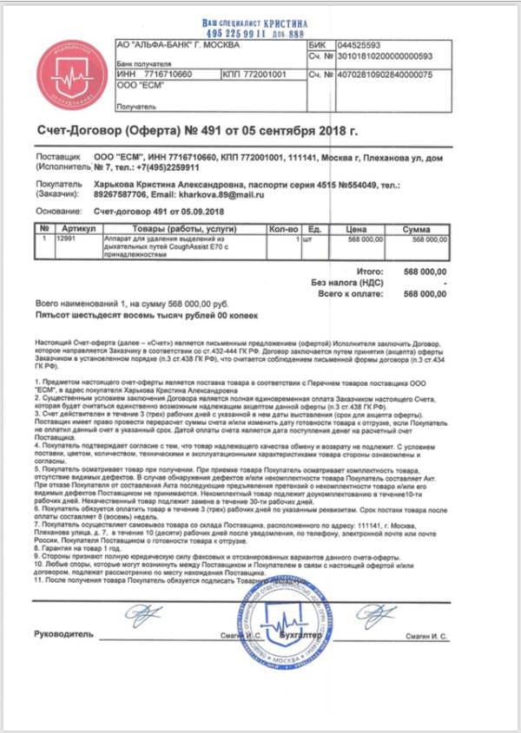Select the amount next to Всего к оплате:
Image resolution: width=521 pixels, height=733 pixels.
click(x=426, y=295)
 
